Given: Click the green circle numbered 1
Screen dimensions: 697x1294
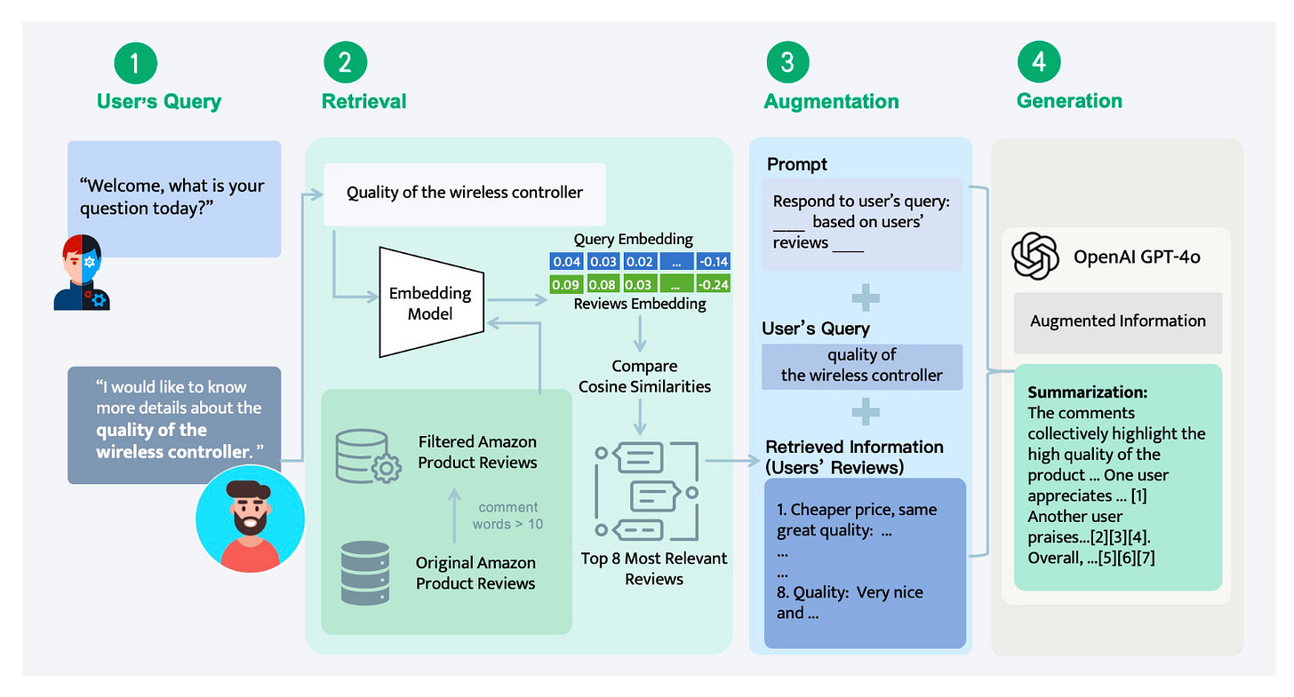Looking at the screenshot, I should coord(136,64).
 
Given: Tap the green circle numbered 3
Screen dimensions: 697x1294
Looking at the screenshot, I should coord(787,64).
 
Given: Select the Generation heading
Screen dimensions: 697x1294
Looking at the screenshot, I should coord(1069,101).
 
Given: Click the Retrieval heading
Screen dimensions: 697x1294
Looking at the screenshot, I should coord(363,101).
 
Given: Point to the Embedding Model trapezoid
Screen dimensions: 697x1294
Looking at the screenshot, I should coord(430,302).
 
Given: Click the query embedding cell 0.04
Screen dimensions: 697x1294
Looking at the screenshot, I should coord(566,262).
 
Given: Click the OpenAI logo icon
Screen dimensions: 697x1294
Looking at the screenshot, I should coord(1035,256).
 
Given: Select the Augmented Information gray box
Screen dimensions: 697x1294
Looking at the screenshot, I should coord(1117,321).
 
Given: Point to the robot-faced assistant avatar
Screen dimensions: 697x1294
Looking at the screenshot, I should coord(82,273).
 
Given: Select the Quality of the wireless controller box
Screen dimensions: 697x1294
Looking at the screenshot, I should coord(464,193).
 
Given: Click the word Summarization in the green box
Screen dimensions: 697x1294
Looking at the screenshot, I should coord(1075,392).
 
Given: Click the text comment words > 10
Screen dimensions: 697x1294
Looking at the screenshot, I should coord(508,516).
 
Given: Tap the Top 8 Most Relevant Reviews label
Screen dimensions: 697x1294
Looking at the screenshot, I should coord(654,568).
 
